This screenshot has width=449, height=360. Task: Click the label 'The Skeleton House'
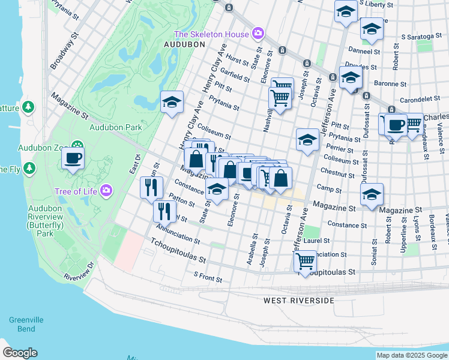(x=211, y=34)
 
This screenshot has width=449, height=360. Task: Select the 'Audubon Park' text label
(x=115, y=127)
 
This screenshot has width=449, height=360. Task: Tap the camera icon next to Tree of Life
(x=106, y=191)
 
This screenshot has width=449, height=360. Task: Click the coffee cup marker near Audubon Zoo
(x=73, y=158)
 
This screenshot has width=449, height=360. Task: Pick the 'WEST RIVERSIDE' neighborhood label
(x=298, y=300)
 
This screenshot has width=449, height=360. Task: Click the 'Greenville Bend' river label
(x=22, y=325)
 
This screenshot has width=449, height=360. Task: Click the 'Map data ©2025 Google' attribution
(x=412, y=355)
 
